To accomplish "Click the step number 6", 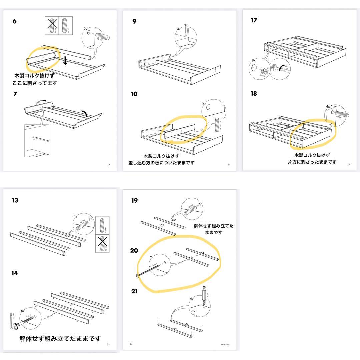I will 14,21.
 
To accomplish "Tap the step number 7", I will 15,94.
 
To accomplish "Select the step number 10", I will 134,94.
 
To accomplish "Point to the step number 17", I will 254,20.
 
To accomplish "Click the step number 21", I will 134,291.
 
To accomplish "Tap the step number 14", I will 14,273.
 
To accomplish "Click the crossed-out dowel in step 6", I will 52,25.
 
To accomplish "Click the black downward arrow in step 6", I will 66,60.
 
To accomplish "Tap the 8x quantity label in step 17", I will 254,61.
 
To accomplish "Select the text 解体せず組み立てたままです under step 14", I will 60,339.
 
